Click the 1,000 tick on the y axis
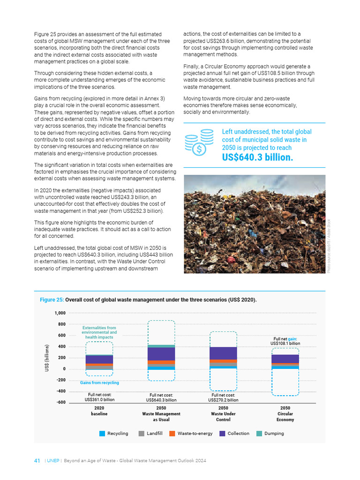[60, 313]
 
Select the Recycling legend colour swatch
[102, 434]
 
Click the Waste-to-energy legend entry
[191, 434]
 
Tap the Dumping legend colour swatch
[259, 434]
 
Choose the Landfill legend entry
[150, 434]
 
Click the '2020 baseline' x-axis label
[99, 411]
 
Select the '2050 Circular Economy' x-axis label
[285, 414]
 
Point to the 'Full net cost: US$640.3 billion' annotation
[161, 398]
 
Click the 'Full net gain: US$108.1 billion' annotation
[285, 341]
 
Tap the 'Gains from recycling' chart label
[99, 382]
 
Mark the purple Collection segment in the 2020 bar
[99, 360]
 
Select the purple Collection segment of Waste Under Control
[223, 353]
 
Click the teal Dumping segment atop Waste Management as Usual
[161, 346]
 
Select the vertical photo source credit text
[329, 246]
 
